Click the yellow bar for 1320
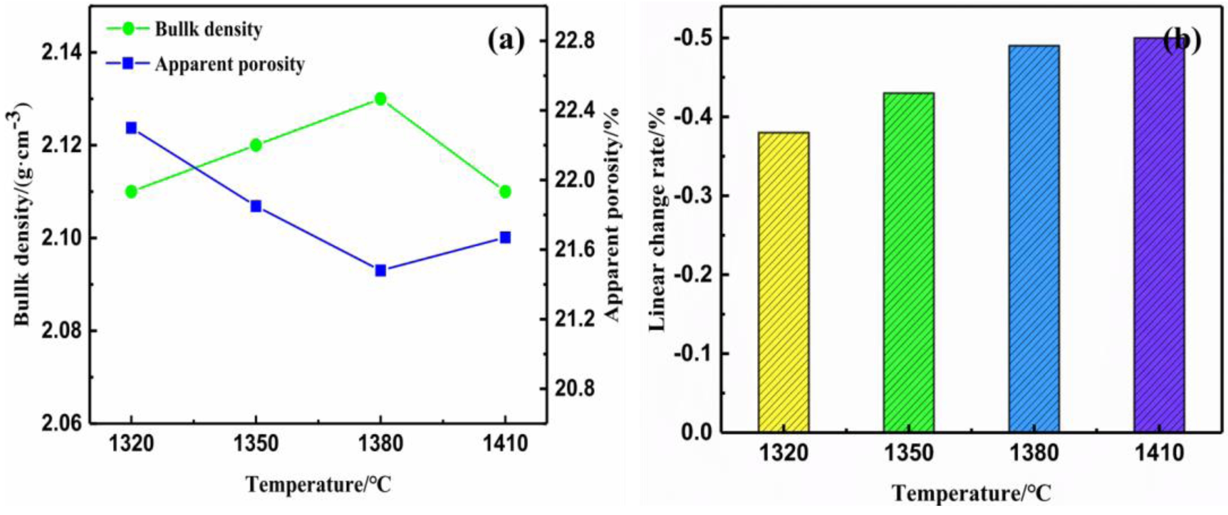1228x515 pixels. pyautogui.click(x=783, y=282)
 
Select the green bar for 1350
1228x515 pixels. pyautogui.click(x=909, y=263)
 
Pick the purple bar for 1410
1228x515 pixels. pyautogui.click(x=1159, y=235)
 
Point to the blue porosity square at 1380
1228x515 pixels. pyautogui.click(x=380, y=270)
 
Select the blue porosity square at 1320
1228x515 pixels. pyautogui.click(x=131, y=128)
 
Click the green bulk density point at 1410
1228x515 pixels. pyautogui.click(x=505, y=192)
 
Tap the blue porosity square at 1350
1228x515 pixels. pyautogui.click(x=256, y=206)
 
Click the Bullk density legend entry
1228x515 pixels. pyautogui.click(x=208, y=30)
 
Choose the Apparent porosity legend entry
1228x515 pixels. pyautogui.click(x=229, y=64)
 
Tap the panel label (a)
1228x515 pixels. pyautogui.click(x=505, y=41)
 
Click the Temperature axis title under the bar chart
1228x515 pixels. pyautogui.click(x=971, y=493)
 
